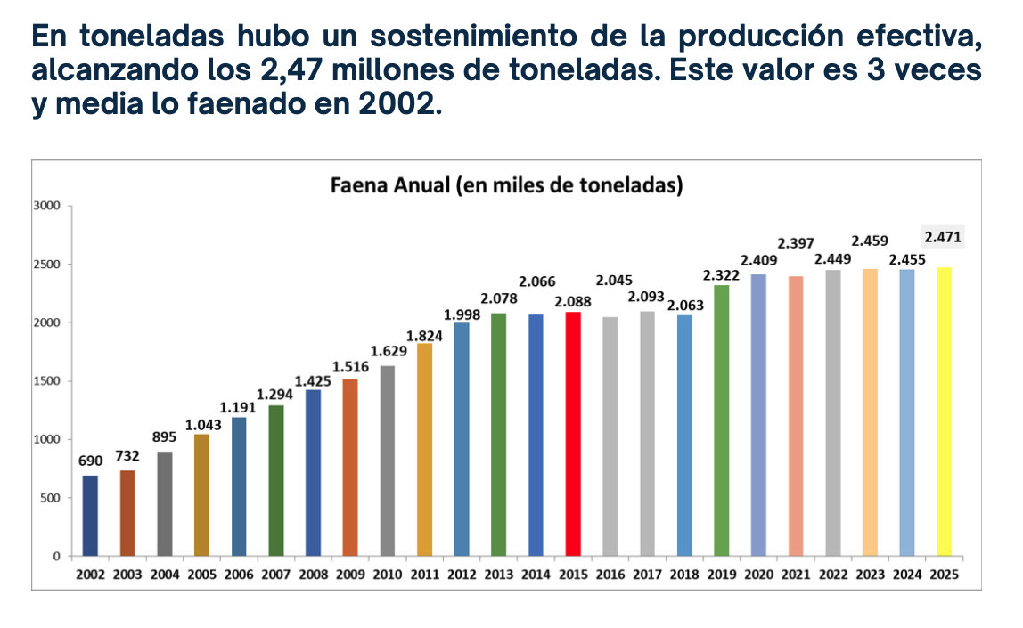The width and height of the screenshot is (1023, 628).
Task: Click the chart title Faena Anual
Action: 506,186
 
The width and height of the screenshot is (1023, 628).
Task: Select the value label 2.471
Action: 943,237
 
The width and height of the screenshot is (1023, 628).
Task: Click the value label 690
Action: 91,461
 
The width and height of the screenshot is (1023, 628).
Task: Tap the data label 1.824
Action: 424,335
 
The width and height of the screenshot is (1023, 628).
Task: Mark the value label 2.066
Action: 536,281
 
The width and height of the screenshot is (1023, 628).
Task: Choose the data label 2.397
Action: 796,243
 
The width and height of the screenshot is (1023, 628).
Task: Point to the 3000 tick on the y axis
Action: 46,206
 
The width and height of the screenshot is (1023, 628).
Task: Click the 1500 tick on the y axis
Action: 46,381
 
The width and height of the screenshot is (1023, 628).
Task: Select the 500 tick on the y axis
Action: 49,498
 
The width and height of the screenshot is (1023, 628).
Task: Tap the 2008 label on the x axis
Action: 313,575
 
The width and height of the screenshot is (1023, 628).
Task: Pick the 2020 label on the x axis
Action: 758,575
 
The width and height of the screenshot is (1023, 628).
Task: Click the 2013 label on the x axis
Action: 499,575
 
